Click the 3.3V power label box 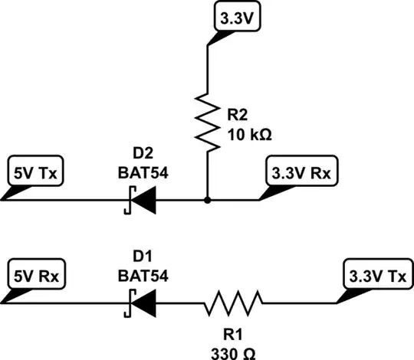pyautogui.click(x=236, y=18)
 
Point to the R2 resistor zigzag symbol pyautogui.click(x=208, y=119)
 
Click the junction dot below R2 pyautogui.click(x=208, y=202)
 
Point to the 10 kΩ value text pyautogui.click(x=250, y=135)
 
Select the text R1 pyautogui.click(x=233, y=335)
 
